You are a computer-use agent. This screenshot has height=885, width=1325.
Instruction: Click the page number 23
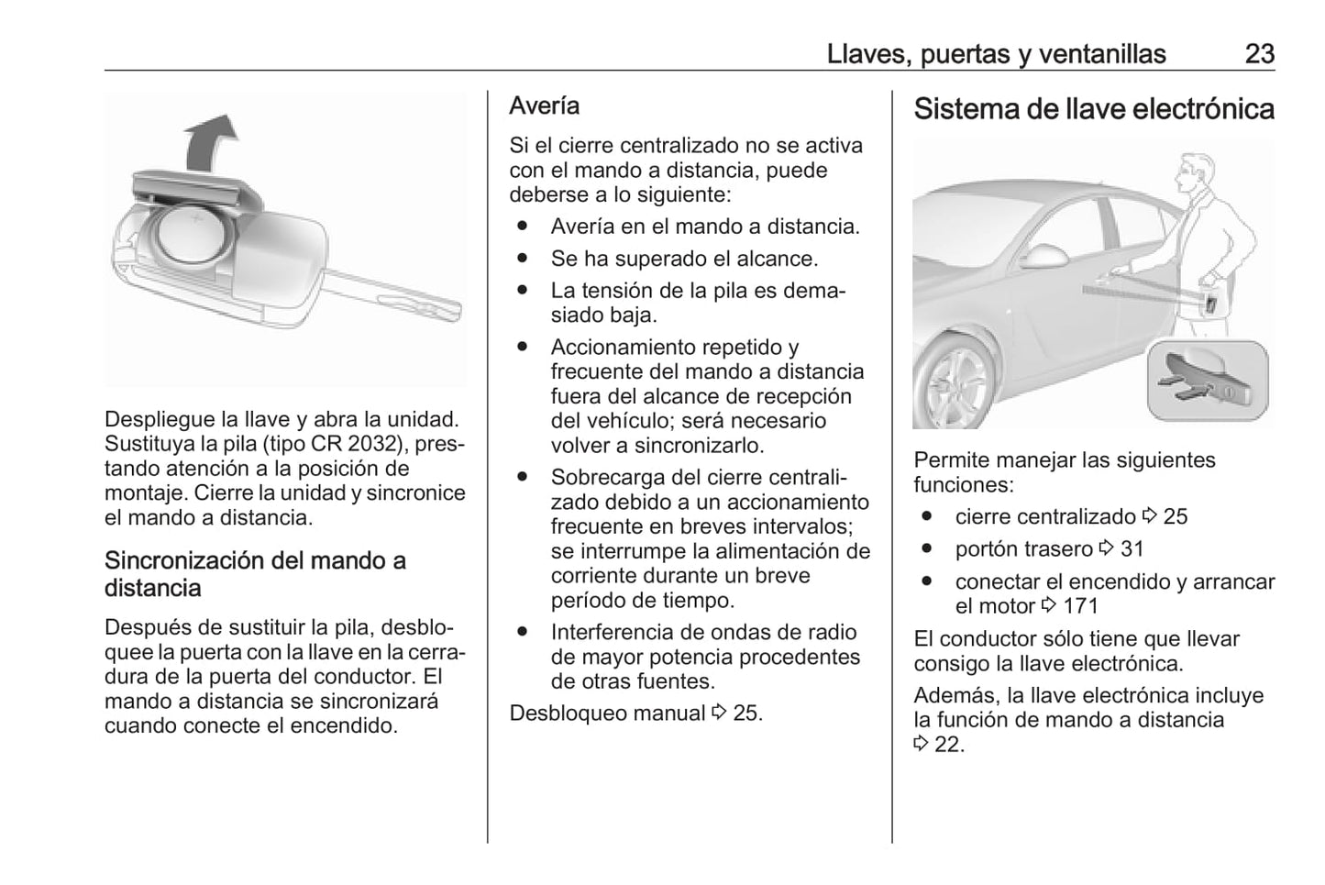pos(1259,54)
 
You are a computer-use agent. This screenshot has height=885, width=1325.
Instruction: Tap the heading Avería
pos(545,105)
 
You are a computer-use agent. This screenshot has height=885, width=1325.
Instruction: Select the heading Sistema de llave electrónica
pos(1094,109)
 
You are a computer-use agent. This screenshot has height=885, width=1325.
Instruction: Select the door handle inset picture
pos(1208,380)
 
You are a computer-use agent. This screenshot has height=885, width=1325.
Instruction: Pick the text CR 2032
pos(360,444)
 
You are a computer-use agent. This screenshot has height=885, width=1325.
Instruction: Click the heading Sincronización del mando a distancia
pos(255,574)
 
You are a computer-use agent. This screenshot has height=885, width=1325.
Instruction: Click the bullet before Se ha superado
pos(523,259)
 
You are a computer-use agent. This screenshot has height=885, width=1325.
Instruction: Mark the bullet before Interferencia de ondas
pos(523,632)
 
